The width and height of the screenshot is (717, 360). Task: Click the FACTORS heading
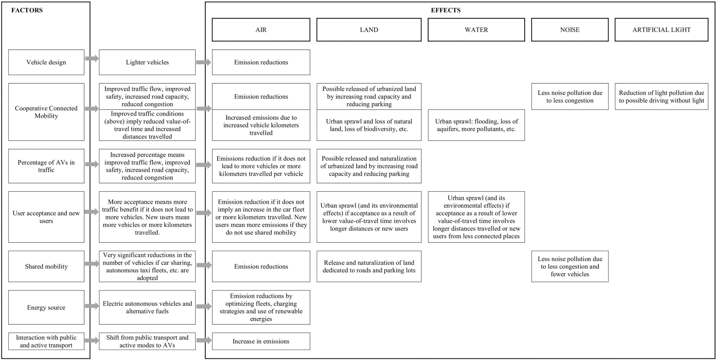pyautogui.click(x=27, y=10)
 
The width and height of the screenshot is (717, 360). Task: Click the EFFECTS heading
pyautogui.click(x=446, y=10)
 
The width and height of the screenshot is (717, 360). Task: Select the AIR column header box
pyautogui.click(x=261, y=30)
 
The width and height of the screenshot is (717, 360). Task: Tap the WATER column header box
pyautogui.click(x=476, y=30)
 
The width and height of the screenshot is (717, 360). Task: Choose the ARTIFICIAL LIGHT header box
pyautogui.click(x=661, y=30)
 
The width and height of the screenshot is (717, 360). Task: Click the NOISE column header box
pyautogui.click(x=570, y=30)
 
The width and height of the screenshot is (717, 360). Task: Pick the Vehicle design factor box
pyautogui.click(x=46, y=62)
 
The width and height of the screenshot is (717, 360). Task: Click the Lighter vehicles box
pyautogui.click(x=147, y=62)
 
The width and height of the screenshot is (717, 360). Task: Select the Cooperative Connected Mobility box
pyautogui.click(x=46, y=112)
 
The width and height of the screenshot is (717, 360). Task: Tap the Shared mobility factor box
pyautogui.click(x=46, y=266)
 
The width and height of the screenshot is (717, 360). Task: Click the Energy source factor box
pyautogui.click(x=46, y=307)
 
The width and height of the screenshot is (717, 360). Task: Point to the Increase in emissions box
pyautogui.click(x=261, y=341)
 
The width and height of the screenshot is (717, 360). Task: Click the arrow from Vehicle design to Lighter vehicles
pyautogui.click(x=92, y=58)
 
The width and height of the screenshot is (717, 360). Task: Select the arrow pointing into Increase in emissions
pyautogui.click(x=204, y=340)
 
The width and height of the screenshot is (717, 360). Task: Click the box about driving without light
pyautogui.click(x=661, y=96)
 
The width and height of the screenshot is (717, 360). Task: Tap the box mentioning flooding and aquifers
pyautogui.click(x=476, y=125)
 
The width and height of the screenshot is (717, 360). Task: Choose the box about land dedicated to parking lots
pyautogui.click(x=369, y=266)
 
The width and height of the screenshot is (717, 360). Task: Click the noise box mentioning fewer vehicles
pyautogui.click(x=570, y=266)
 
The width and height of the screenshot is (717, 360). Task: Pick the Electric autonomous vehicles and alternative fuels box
pyautogui.click(x=147, y=307)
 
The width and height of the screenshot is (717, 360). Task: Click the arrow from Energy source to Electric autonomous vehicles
pyautogui.click(x=92, y=306)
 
